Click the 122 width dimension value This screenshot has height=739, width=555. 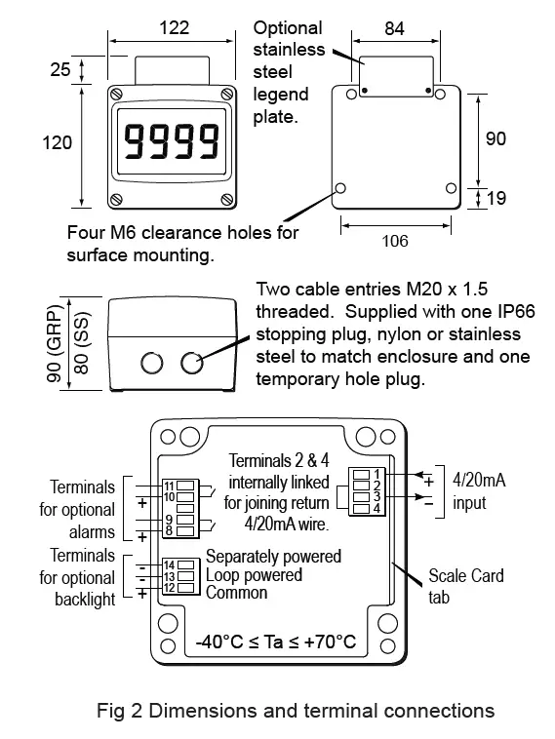pos(174,28)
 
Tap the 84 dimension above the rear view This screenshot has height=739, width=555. pos(395,28)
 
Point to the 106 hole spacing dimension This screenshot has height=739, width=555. pos(395,241)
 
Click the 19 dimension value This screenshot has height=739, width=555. pos(496,199)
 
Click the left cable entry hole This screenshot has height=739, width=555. pos(151,364)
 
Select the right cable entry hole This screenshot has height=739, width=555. pos(191,364)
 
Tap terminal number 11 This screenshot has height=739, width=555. pos(169,485)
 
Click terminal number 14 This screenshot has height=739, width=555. pos(169,564)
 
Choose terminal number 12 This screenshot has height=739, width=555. pos(169,588)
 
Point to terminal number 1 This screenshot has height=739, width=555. pos(377,473)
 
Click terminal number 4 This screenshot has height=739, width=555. pos(377,508)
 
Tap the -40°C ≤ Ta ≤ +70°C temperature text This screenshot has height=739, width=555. pos(276,642)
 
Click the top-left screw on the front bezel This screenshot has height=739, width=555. pos(119,96)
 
